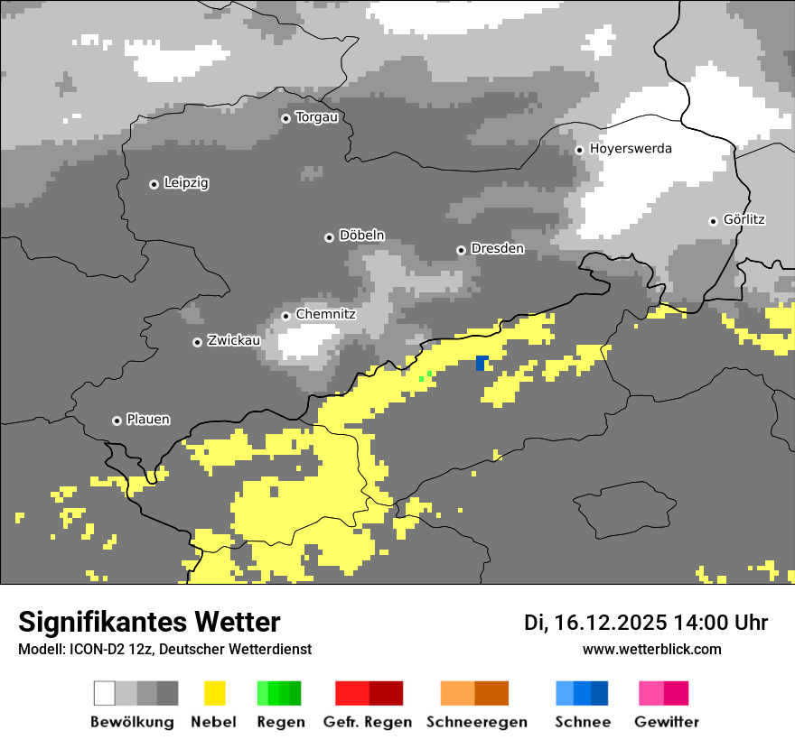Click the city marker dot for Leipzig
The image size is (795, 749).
tap(154, 184)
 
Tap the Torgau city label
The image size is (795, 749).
tap(316, 117)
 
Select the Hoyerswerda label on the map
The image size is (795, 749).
tap(631, 148)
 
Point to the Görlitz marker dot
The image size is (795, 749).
tap(713, 221)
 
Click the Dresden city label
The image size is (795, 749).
tap(497, 248)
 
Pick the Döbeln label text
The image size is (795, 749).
tap(361, 236)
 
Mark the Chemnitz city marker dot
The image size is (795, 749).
tap(285, 316)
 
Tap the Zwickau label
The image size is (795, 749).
tap(234, 340)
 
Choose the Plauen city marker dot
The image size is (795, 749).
tap(117, 421)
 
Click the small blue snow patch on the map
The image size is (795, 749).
tap(482, 363)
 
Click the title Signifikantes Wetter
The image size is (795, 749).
tap(149, 623)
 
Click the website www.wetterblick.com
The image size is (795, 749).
tap(651, 649)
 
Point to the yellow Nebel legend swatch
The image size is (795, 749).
tap(214, 693)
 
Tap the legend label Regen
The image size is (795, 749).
tap(279, 722)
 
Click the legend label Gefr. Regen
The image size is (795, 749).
tap(368, 722)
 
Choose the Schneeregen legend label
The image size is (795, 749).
tap(477, 722)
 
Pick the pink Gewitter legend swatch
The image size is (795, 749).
tap(664, 693)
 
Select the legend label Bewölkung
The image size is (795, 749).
tap(132, 722)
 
